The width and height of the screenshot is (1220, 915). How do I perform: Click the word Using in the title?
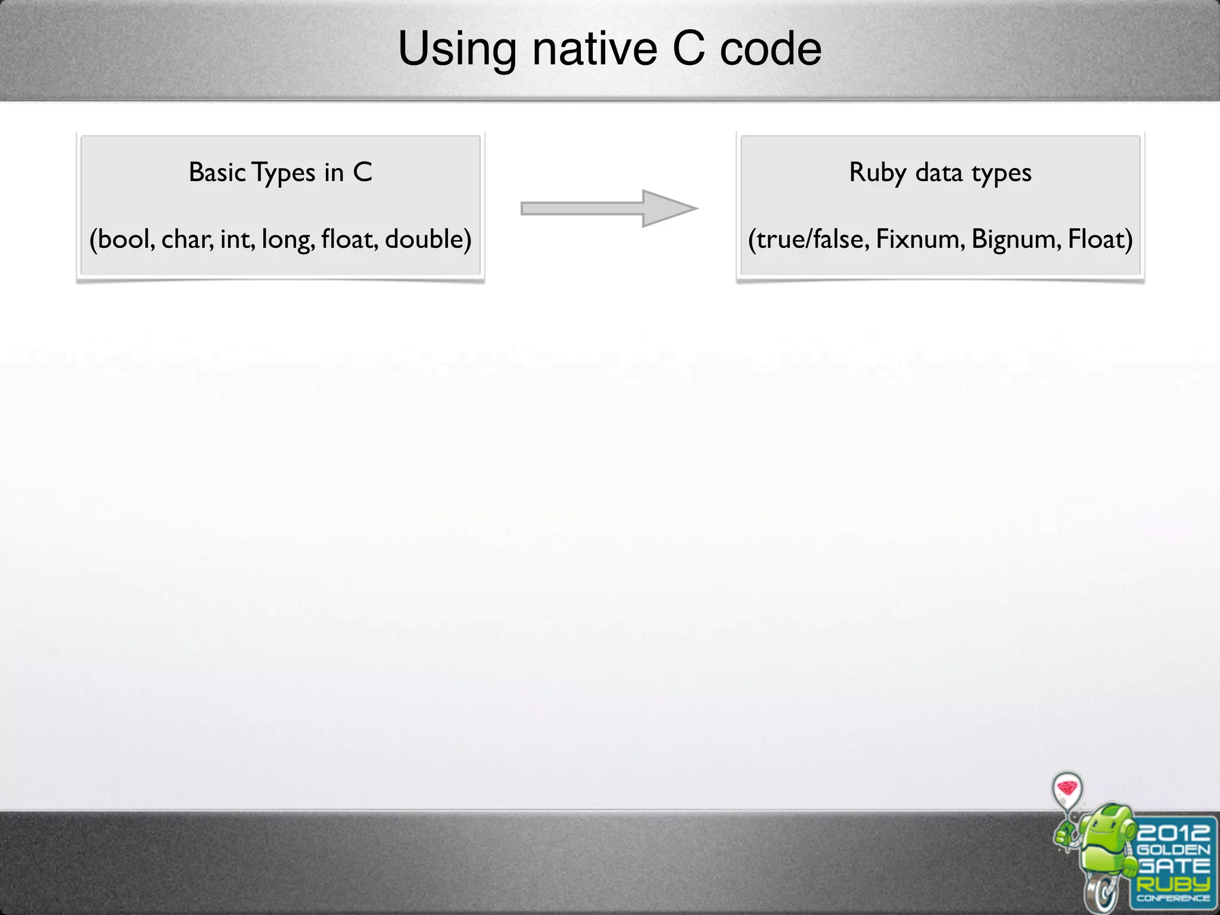[x=457, y=49]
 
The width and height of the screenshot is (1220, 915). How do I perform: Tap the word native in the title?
[x=595, y=49]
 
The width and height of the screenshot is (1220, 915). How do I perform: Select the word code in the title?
[x=771, y=49]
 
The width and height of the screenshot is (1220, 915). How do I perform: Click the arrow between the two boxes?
[x=609, y=208]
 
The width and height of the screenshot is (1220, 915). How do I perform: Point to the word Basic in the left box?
[x=217, y=173]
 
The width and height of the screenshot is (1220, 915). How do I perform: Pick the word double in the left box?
[x=424, y=239]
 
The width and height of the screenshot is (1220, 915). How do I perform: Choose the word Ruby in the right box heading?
[x=877, y=173]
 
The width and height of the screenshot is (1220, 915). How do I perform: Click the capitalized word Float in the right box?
[x=1097, y=239]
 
